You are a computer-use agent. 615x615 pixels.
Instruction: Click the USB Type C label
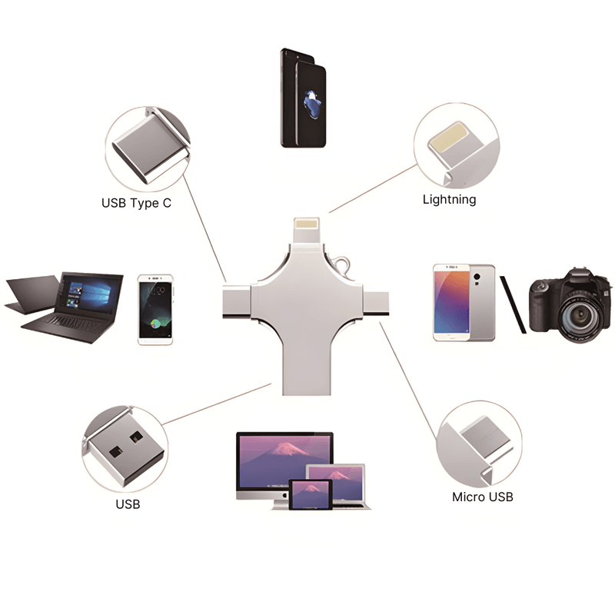click(x=136, y=204)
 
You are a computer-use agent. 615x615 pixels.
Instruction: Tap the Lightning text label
click(x=450, y=200)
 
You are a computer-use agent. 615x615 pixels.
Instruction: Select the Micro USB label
click(x=482, y=497)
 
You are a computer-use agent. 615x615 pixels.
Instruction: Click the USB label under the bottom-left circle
click(x=128, y=504)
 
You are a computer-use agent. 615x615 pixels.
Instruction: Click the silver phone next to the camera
click(x=464, y=302)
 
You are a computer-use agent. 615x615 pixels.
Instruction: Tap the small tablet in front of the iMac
click(x=311, y=495)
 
